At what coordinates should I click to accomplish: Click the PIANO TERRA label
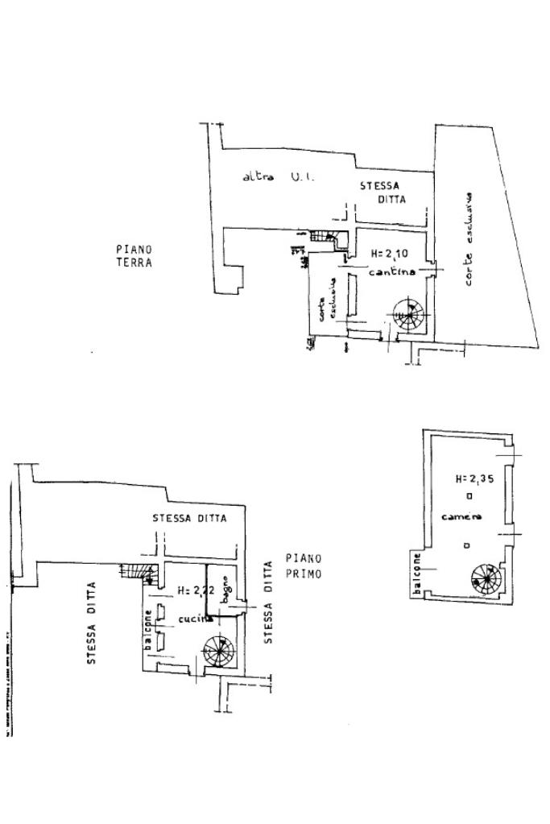coord(133,255)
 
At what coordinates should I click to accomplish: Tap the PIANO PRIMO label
coord(304,565)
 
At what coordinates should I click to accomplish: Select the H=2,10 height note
coord(390,255)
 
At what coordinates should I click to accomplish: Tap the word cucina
coord(195,618)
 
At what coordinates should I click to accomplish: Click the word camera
coord(461,516)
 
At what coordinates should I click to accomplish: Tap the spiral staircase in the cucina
coord(218,649)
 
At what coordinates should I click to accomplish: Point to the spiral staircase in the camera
coord(486,578)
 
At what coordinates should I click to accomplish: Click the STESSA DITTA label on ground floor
coord(383,192)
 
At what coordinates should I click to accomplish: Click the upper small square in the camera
coord(469,497)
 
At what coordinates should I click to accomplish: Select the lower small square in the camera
coord(469,545)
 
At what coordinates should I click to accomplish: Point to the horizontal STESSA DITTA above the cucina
coord(189,518)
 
